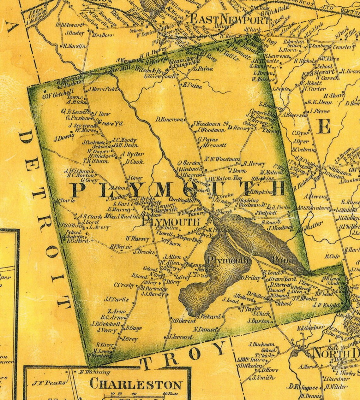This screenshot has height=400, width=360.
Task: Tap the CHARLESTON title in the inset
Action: pos(136,384)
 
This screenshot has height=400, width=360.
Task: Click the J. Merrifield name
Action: pos(103,89)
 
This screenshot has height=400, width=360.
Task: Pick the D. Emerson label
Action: pos(169,120)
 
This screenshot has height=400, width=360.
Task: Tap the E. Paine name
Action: pos(192,86)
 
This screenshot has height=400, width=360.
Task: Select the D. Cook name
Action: pos(135,162)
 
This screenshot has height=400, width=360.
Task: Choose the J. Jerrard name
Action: pos(181,337)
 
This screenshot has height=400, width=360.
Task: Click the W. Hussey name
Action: pos(137,239)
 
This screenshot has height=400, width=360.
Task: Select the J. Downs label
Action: pos(64,138)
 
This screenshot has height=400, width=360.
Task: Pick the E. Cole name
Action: pos(331,256)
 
